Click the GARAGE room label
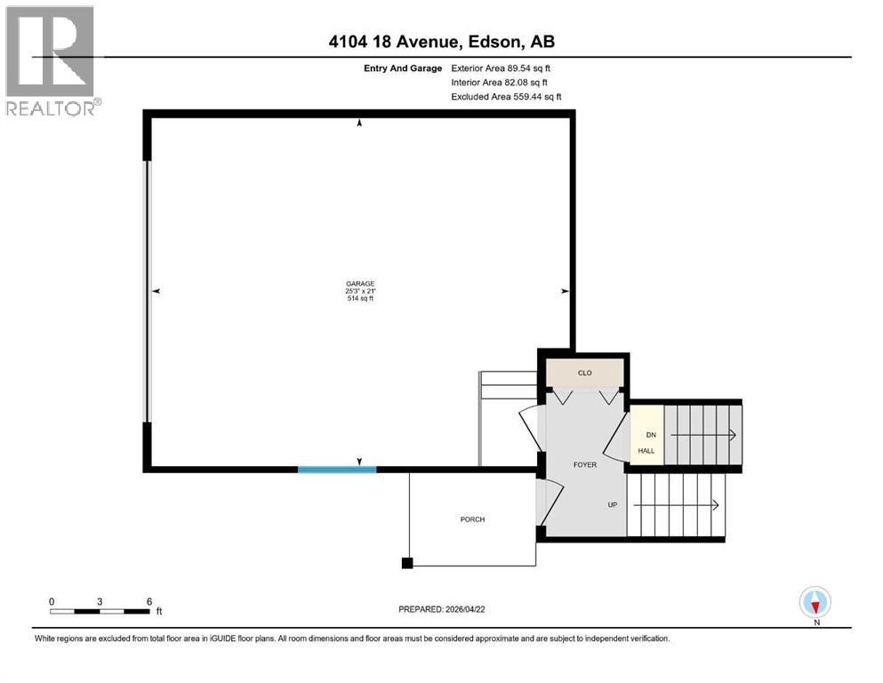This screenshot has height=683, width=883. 360,283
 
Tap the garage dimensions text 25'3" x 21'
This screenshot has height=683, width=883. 360,291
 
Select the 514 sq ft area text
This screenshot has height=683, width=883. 360,299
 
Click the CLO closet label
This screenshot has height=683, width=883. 584,374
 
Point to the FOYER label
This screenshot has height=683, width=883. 584,464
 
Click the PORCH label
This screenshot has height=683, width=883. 472,519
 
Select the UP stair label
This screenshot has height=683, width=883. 612,505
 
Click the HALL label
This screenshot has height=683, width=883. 646,451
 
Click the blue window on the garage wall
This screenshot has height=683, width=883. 336,469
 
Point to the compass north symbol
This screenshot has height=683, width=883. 815,603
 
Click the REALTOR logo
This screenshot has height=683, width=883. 51,60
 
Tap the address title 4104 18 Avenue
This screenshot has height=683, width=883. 441,42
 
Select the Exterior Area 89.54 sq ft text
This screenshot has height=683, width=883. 506,68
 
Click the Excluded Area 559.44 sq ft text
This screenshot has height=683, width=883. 506,96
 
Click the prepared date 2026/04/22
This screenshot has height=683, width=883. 441,609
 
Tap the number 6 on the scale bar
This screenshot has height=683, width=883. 149,601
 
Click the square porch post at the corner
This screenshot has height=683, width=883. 407,562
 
